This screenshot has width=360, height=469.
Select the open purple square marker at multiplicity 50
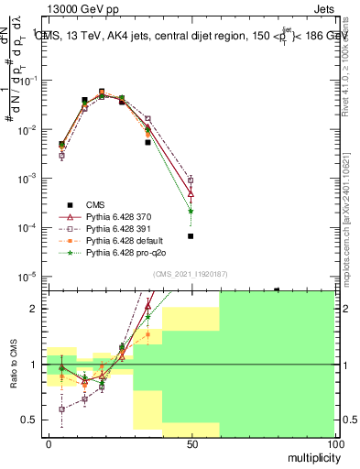(x=191, y=180)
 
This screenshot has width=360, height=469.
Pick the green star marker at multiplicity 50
(x=191, y=211)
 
